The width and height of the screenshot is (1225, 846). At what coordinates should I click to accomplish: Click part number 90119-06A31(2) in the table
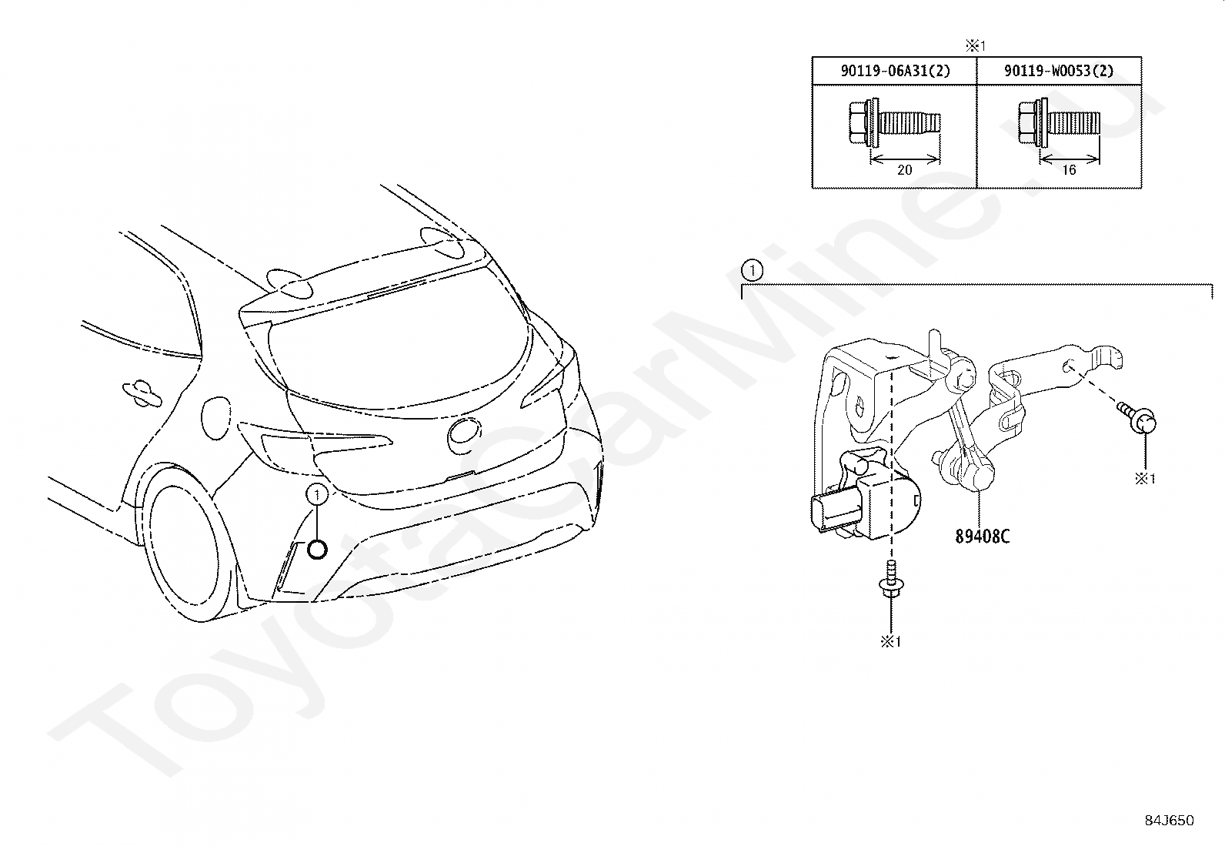point(895,71)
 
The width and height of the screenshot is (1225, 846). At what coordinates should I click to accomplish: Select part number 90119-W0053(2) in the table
point(1059,71)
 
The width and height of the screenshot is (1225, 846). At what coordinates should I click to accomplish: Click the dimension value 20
point(904,170)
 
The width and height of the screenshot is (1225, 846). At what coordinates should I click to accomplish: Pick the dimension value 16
point(1068,170)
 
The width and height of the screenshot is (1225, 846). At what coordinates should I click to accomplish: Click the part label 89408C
point(983,537)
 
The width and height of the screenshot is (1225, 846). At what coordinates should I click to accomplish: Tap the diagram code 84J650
point(1169,821)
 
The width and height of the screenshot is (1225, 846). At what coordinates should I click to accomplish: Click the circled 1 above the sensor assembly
point(751,270)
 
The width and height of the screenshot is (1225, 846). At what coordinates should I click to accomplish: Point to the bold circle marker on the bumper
point(317,549)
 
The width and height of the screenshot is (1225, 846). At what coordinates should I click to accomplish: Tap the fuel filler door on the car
point(215,416)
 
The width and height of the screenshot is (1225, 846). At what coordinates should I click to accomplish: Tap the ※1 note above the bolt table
point(976,45)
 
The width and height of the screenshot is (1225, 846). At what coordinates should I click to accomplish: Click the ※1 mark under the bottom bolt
point(891,641)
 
